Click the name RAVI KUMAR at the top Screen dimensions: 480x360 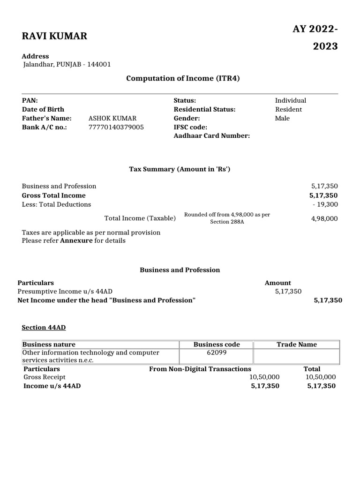coord(54,36)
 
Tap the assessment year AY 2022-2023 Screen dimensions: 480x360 coord(315,37)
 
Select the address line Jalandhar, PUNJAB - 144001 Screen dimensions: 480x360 coord(67,65)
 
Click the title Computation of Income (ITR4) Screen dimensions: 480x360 coord(183,78)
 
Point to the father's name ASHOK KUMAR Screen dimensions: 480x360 coord(112,118)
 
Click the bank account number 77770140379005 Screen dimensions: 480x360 coord(116,127)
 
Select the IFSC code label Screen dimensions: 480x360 coord(190,127)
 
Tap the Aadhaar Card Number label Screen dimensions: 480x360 coord(211,136)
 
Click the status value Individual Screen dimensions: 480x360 coord(290,100)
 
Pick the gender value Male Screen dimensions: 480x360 coord(282,118)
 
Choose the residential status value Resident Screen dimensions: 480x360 coord(288,109)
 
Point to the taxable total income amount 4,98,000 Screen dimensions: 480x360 coord(324,218)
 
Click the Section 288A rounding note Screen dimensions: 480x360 coord(227,218)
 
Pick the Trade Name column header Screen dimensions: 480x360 coord(296,345)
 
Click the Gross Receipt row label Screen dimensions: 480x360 coord(45,377)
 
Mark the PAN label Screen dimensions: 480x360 coord(30,100)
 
